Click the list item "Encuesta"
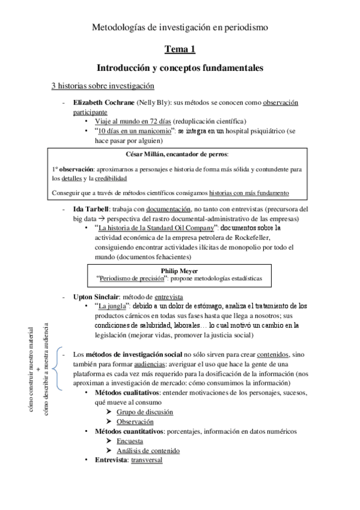pyautogui.click(x=130, y=440)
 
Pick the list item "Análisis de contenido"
pyautogui.click(x=148, y=450)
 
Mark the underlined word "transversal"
pyautogui.click(x=146, y=459)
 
